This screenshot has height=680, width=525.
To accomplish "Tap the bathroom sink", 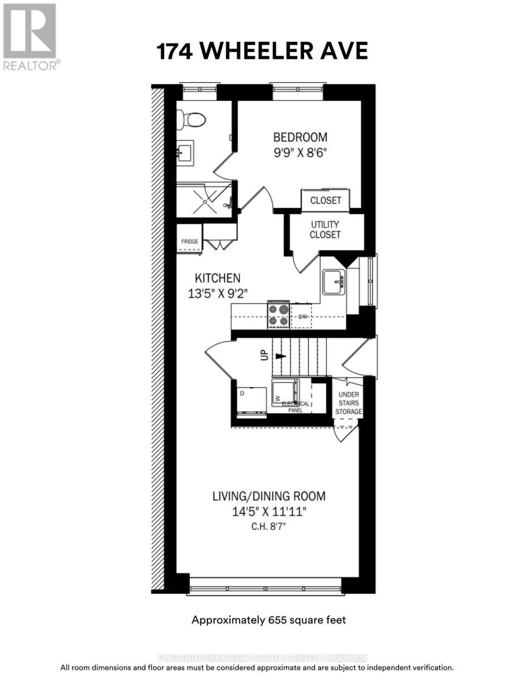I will pyautogui.click(x=186, y=153).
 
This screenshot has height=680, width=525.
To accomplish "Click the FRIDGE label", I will pyautogui.click(x=190, y=242).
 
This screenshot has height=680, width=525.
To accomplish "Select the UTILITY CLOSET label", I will pyautogui.click(x=325, y=229).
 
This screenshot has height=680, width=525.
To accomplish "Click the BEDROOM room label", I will pyautogui.click(x=300, y=137).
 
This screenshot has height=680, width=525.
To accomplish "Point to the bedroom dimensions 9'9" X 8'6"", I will pyautogui.click(x=300, y=152).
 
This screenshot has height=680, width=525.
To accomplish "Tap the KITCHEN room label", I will pyautogui.click(x=218, y=278).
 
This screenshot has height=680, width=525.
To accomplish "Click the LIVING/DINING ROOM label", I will pyautogui.click(x=269, y=496).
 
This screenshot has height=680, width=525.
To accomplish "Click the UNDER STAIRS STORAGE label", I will pyautogui.click(x=348, y=403).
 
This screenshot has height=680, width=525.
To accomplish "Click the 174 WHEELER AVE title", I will pyautogui.click(x=262, y=51).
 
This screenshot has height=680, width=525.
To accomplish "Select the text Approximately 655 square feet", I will pyautogui.click(x=268, y=620).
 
